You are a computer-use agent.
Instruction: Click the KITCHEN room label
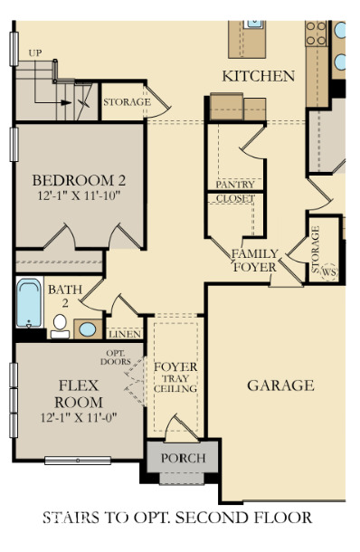(x=259, y=75)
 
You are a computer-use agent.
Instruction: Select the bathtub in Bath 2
(x=29, y=303)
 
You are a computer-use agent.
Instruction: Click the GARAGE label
(x=280, y=385)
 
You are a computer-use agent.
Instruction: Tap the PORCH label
(x=183, y=458)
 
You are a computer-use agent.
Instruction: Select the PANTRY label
(x=234, y=185)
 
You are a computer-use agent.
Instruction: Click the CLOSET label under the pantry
(x=234, y=197)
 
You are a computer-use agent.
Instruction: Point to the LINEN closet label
(x=123, y=333)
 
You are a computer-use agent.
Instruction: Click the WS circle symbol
(x=329, y=271)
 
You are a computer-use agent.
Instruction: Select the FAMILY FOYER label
(x=255, y=261)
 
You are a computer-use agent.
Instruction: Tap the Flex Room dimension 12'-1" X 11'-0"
(x=78, y=418)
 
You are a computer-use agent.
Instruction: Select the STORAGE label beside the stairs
(x=126, y=102)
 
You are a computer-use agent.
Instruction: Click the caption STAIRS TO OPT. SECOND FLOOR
(x=177, y=518)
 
